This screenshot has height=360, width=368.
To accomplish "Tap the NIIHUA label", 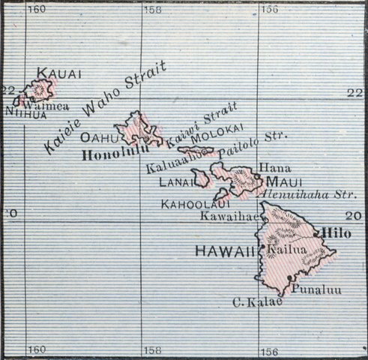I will click(25, 114).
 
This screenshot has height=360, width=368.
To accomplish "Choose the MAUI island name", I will click(283, 182).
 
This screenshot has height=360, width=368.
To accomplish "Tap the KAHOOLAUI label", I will click(185, 203).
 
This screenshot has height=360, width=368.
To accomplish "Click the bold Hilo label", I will click(337, 233).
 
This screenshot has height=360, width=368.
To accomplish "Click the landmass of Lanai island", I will click(200, 178).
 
